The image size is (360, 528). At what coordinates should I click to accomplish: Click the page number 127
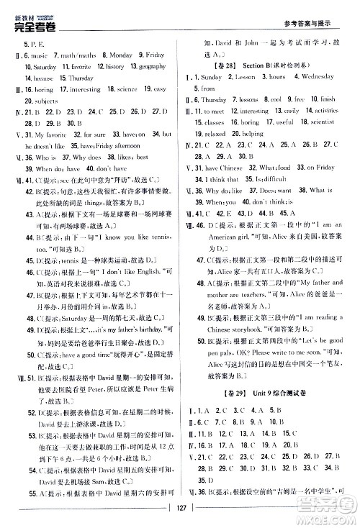[180, 516]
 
